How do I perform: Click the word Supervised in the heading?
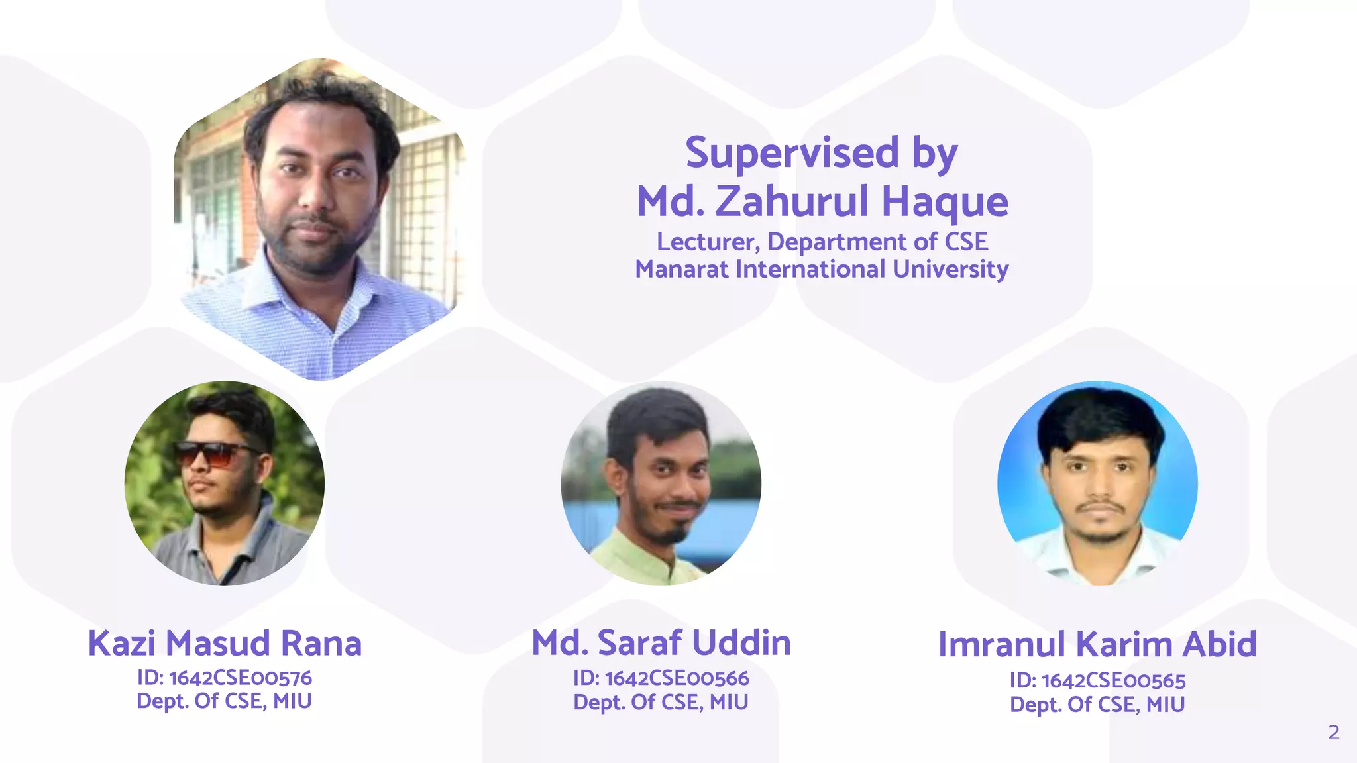[x=792, y=154]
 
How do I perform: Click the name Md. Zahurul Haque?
[x=822, y=201]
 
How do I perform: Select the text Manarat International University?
[x=822, y=270]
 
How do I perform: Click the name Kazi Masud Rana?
[x=225, y=643]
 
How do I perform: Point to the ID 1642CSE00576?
[x=240, y=678]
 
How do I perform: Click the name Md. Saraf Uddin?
[x=661, y=643]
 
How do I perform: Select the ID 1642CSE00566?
[x=677, y=678]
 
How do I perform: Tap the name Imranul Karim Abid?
[x=1097, y=644]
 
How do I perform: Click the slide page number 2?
[x=1333, y=733]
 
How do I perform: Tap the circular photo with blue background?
[x=1097, y=483]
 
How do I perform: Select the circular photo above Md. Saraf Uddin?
[x=661, y=483]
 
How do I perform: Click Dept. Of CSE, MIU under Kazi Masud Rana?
[x=224, y=701]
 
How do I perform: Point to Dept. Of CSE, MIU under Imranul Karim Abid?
[x=1097, y=705]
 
